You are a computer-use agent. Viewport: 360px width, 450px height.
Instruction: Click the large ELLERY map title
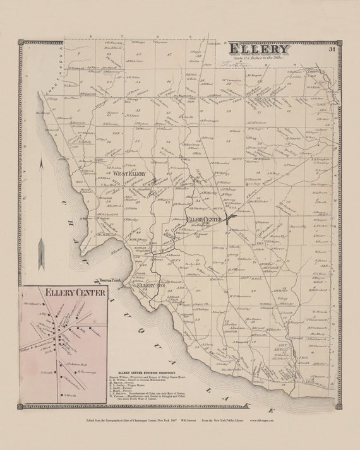click(x=259, y=49)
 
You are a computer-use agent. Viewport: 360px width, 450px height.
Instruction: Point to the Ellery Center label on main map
click(x=203, y=219)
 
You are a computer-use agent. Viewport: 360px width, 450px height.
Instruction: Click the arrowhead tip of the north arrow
click(x=41, y=159)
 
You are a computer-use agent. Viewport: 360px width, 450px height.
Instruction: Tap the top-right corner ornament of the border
click(x=339, y=42)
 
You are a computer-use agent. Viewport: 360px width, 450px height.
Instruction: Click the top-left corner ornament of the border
click(x=21, y=42)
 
